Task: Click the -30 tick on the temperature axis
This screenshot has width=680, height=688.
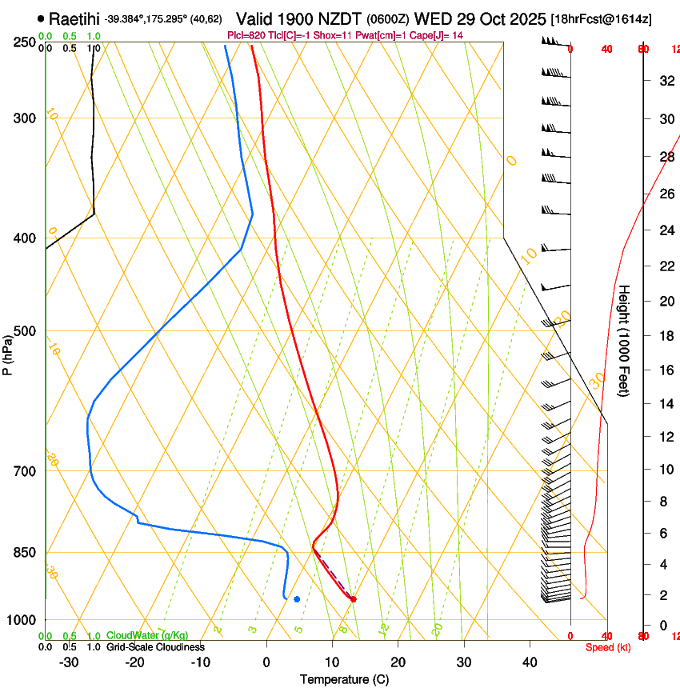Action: click(69, 662)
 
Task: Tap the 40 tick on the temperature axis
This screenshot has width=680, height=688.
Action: click(530, 662)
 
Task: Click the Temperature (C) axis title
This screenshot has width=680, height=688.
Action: click(344, 679)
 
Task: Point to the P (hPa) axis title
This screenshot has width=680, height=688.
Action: click(7, 353)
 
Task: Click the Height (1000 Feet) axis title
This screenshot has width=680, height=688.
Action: click(624, 341)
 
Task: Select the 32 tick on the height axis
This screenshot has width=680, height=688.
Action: click(666, 81)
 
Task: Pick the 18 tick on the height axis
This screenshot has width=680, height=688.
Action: click(666, 336)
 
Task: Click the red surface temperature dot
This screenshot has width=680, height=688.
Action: click(353, 598)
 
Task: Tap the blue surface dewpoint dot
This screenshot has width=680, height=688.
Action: click(297, 598)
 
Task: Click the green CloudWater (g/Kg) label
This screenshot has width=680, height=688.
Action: click(147, 636)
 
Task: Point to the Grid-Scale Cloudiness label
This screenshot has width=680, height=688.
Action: click(155, 646)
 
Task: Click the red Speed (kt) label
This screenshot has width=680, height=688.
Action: click(608, 646)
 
